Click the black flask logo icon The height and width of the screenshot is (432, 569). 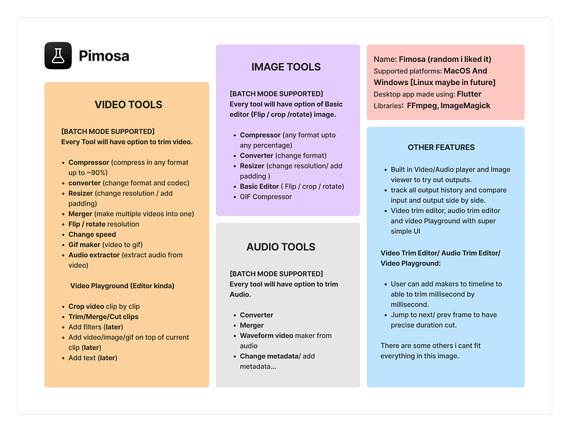[x=58, y=55]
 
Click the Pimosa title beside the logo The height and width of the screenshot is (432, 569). [x=104, y=55]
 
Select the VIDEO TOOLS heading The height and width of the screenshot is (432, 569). [x=128, y=104]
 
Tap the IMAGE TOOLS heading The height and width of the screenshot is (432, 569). [x=286, y=67]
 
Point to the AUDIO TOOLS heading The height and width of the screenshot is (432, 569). [x=281, y=247]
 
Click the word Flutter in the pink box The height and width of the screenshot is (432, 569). [x=469, y=94]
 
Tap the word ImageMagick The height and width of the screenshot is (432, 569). [x=467, y=106]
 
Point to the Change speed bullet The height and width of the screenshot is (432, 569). [x=91, y=235]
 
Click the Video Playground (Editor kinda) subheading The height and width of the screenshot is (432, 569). [x=122, y=286]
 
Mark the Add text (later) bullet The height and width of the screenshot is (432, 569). [x=92, y=358]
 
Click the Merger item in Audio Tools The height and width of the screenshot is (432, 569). [x=251, y=325]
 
